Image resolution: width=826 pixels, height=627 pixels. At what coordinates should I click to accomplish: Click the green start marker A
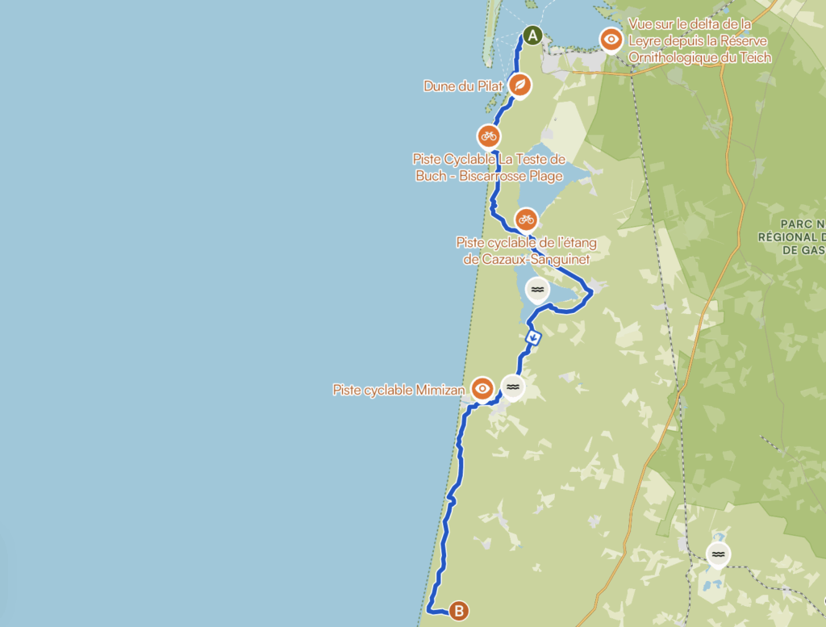pos(532,35)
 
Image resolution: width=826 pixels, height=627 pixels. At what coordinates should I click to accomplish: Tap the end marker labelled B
pos(458,611)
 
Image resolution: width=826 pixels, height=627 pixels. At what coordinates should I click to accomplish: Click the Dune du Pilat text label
pos(464,86)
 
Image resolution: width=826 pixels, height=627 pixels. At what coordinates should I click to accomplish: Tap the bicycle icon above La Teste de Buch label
pos(488,135)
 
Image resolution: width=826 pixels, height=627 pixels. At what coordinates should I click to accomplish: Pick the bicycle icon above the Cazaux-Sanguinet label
pos(526,219)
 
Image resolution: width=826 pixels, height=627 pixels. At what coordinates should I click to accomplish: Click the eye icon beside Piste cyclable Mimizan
pos(482,388)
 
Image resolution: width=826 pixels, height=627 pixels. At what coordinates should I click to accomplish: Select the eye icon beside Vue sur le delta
pos(611,39)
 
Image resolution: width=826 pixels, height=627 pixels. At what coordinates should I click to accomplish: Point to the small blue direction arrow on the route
pos(532,337)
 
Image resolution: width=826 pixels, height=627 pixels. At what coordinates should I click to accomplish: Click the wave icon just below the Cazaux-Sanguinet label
pos(537,289)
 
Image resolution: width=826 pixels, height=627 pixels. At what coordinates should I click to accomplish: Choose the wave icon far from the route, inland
pos(717,554)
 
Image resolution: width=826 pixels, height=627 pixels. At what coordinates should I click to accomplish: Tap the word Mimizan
pos(443,390)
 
